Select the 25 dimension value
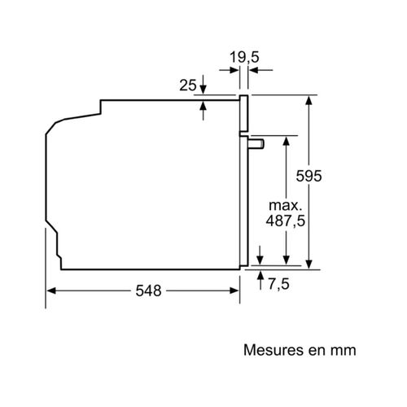(x=187, y=84)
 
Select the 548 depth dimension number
(x=143, y=291)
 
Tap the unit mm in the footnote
(x=344, y=350)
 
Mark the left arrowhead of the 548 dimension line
(x=49, y=291)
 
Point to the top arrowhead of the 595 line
(x=310, y=100)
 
